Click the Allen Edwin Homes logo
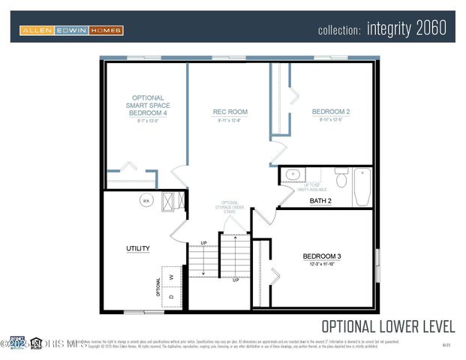[x=71, y=30]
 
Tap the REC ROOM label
[x=230, y=112]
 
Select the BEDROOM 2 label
[x=331, y=112]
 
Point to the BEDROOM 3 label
[x=321, y=256]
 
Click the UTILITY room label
[x=137, y=248]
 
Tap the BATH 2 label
[x=320, y=201]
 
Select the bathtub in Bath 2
[x=362, y=187]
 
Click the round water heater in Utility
[x=146, y=200]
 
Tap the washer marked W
[x=172, y=277]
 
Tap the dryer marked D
[x=172, y=295]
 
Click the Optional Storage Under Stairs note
[x=231, y=208]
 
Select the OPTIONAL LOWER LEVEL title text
[x=388, y=326]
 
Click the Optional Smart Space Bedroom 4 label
[x=147, y=105]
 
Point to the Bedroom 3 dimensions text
[x=321, y=265]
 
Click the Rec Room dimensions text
[x=230, y=121]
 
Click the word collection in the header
[x=340, y=31]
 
